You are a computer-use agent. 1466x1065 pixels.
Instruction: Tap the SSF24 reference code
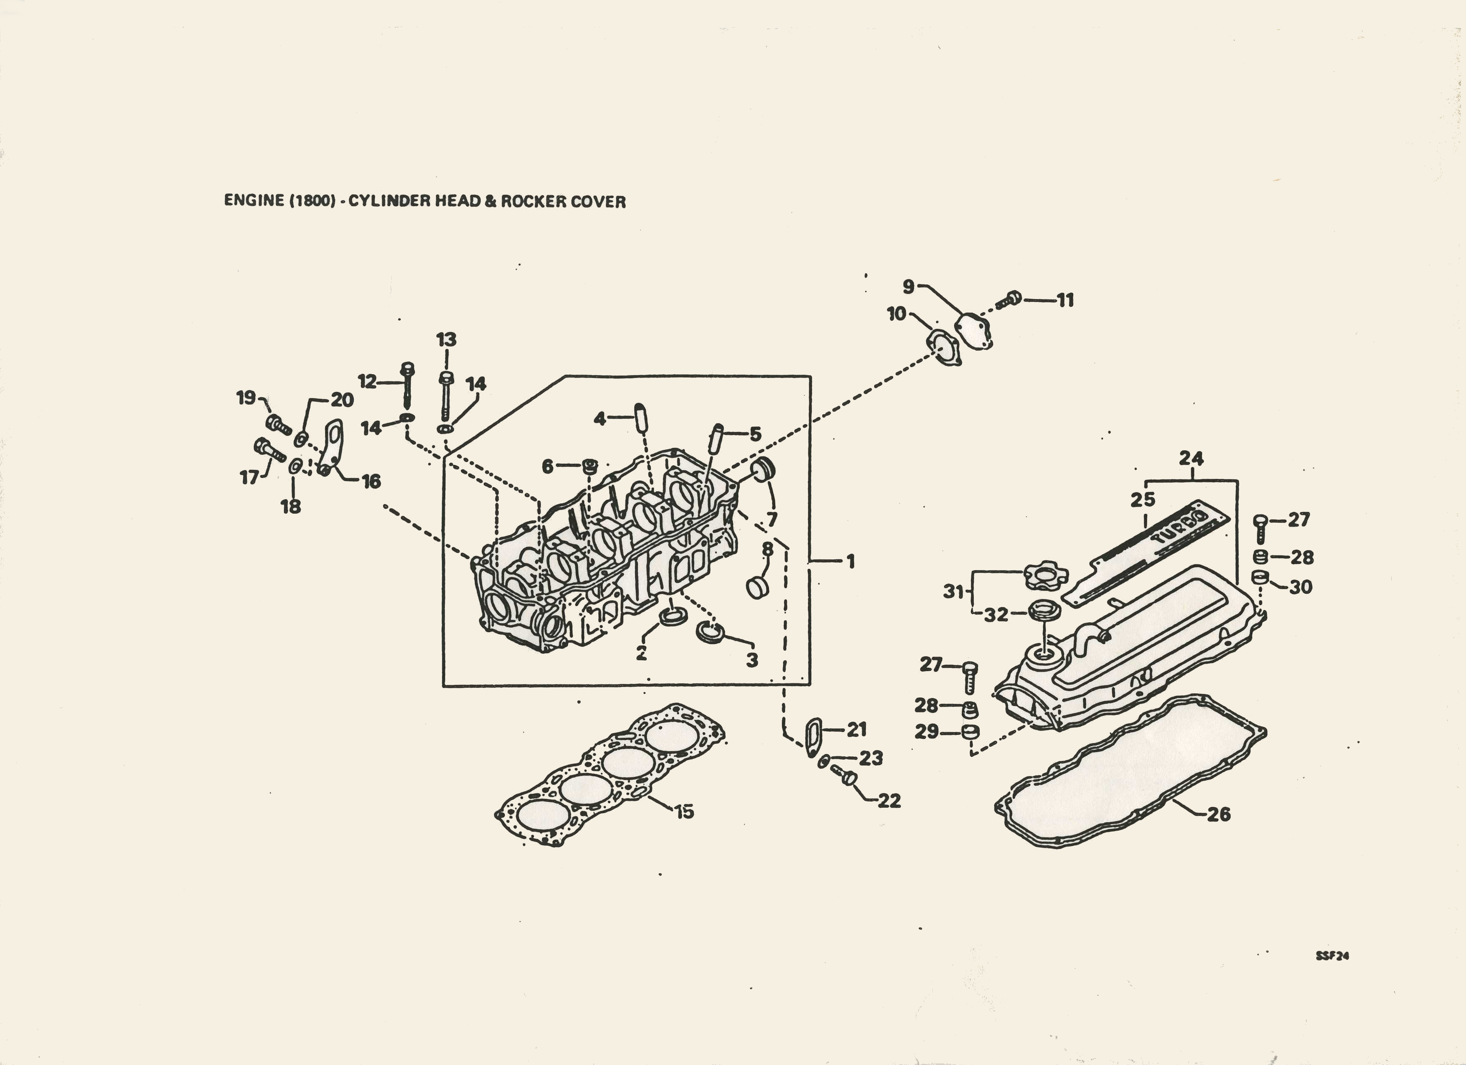point(1332,956)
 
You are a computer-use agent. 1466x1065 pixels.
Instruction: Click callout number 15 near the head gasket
point(684,811)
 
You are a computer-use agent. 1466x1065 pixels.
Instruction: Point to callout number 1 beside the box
point(851,562)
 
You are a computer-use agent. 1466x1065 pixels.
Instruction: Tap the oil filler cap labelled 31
point(1045,575)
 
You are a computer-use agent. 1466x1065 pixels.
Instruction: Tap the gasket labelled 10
point(944,347)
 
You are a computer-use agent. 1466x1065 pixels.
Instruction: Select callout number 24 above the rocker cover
point(1191,458)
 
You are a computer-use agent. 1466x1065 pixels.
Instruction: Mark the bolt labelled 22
point(844,776)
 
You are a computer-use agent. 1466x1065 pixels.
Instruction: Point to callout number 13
point(446,339)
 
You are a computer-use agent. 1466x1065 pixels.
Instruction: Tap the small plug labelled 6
point(589,465)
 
